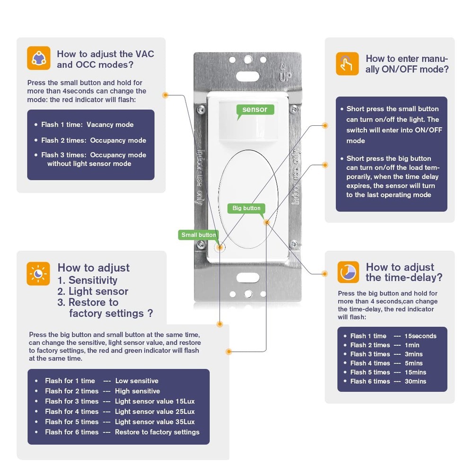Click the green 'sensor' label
tap(254, 110)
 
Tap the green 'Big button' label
tap(246, 208)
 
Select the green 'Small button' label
tap(199, 235)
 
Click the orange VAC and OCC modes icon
tap(38, 59)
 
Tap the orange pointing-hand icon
tap(347, 63)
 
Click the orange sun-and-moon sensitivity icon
tap(38, 273)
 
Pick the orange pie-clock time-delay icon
tap(348, 272)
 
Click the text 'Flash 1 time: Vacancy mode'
tap(87, 125)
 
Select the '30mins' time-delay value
tap(415, 381)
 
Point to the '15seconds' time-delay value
tap(420, 336)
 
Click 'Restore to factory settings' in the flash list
tap(157, 432)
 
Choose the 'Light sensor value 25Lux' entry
tap(155, 412)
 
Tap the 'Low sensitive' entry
tap(137, 381)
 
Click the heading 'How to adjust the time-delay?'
tap(404, 272)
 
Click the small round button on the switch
tap(219, 247)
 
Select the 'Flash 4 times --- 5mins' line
tap(386, 363)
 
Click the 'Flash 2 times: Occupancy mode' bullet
tap(93, 140)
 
